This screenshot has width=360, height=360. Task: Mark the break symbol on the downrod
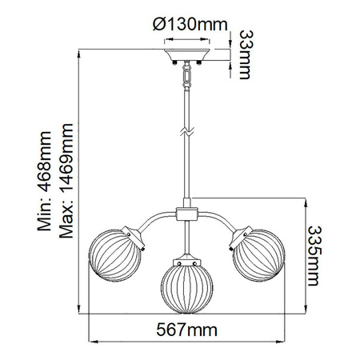(188, 130)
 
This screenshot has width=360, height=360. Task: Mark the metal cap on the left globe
(136, 234)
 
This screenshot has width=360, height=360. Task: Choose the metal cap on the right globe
(240, 234)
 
